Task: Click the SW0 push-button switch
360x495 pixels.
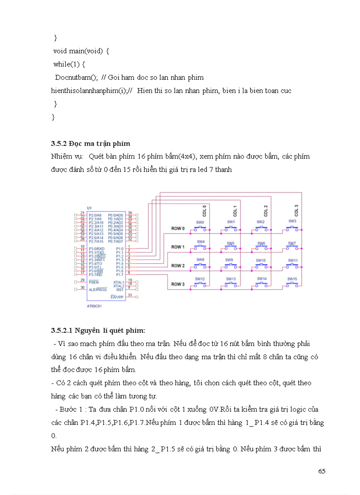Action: click(x=200, y=228)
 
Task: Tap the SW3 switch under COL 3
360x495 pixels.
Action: click(x=292, y=227)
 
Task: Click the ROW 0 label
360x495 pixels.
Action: click(x=178, y=228)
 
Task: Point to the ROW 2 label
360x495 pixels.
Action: click(x=178, y=266)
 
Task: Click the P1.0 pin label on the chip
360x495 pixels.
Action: click(x=119, y=249)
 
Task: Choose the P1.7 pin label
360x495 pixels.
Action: click(x=119, y=275)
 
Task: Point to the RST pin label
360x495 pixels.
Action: click(x=120, y=289)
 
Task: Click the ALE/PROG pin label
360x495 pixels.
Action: click(x=97, y=290)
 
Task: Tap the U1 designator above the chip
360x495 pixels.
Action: click(x=89, y=208)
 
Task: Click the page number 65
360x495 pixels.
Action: click(x=321, y=471)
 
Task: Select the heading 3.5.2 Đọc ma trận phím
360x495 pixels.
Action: click(x=90, y=144)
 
